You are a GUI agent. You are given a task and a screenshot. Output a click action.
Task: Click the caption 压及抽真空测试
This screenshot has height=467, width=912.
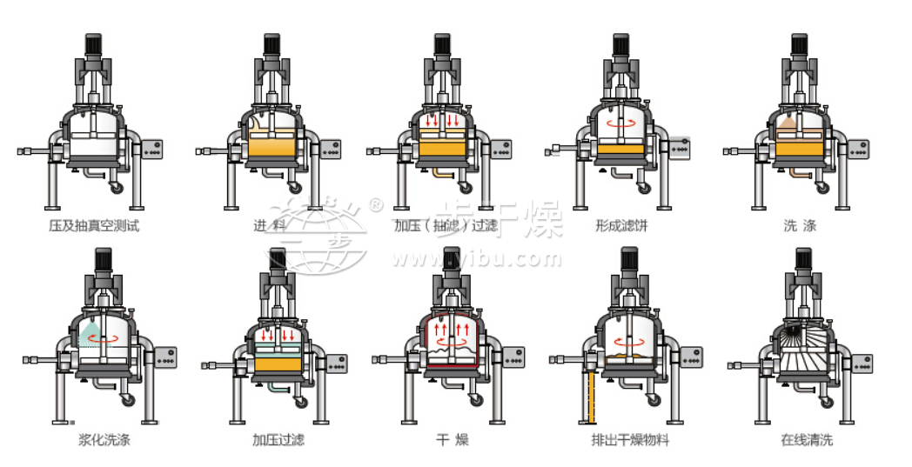click(x=93, y=226)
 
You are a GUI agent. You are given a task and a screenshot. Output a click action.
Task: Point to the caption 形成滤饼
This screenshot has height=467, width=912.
click(x=621, y=226)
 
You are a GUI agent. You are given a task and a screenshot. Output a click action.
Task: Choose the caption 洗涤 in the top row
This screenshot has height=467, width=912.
click(x=800, y=226)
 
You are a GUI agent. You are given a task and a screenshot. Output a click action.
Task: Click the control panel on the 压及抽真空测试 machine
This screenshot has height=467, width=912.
click(x=152, y=150)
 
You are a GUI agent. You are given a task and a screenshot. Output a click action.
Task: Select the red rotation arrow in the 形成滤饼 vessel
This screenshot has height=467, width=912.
click(x=620, y=124)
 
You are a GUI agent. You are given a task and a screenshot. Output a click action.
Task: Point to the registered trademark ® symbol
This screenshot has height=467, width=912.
click(x=375, y=205)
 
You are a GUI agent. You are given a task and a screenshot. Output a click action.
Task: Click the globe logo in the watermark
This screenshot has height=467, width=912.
click(x=317, y=233)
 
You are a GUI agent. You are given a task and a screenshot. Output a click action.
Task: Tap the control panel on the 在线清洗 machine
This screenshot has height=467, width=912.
click(x=860, y=364)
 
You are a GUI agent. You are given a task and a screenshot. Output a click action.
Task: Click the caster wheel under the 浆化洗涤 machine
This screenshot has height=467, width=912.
click(x=129, y=400)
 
